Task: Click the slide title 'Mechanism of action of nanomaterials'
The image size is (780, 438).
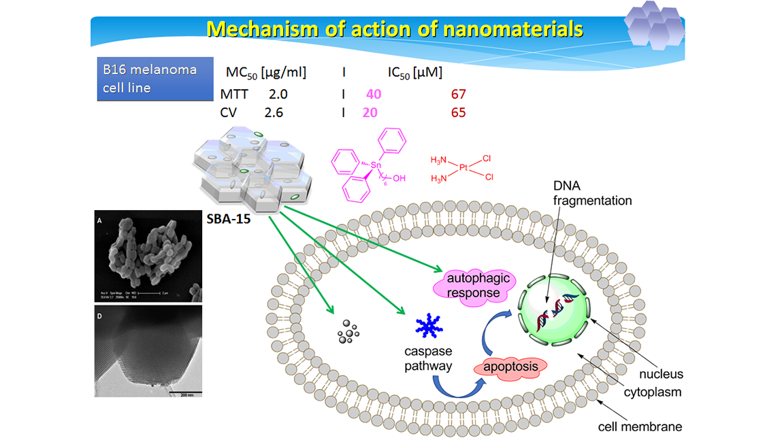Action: pos(395,29)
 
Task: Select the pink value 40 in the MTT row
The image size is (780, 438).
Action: pos(374,95)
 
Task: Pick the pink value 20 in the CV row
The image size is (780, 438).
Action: pos(370,112)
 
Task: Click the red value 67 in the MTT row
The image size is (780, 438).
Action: pos(458,95)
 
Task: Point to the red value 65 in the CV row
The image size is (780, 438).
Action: pos(458,112)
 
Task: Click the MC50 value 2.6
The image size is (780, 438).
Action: pos(274,112)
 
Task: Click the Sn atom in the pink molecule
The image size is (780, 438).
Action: pos(376,165)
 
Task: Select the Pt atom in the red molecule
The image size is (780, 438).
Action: pos(463,167)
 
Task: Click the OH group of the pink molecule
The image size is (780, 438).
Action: pos(400,178)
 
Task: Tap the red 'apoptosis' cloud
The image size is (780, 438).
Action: pos(510,367)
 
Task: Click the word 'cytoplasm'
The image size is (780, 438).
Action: pos(654,392)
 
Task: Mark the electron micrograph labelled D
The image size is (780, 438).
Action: pos(148,351)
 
